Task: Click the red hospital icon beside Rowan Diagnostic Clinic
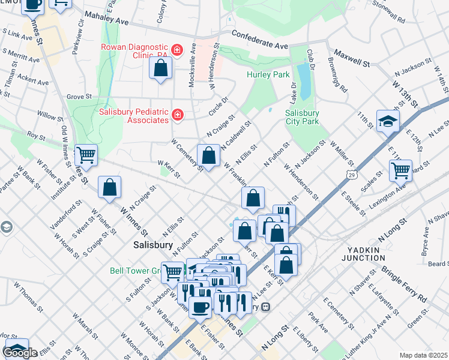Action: (x=176, y=50)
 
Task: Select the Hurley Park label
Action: (x=268, y=74)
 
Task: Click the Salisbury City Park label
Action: (x=302, y=117)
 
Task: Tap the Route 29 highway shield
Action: (x=351, y=174)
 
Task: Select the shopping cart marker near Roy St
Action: (x=86, y=154)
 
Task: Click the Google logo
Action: (x=19, y=353)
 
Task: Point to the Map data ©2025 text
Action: (x=423, y=355)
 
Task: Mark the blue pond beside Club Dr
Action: (x=304, y=81)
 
